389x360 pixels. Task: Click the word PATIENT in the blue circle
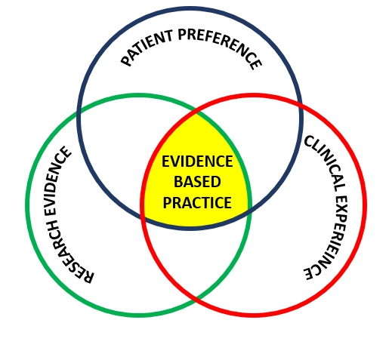tap(147, 48)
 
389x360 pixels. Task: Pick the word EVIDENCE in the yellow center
tap(197, 162)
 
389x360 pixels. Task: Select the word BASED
tap(197, 182)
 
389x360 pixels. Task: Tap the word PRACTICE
tap(197, 202)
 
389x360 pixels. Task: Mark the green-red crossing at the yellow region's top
tap(196, 112)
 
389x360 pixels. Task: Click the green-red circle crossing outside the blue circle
tap(196, 297)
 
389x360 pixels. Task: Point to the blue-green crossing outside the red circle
tap(79, 113)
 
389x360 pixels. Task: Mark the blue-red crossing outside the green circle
tap(301, 106)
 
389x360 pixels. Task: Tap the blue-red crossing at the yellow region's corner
tap(143, 216)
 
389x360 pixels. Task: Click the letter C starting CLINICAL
tap(310, 141)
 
